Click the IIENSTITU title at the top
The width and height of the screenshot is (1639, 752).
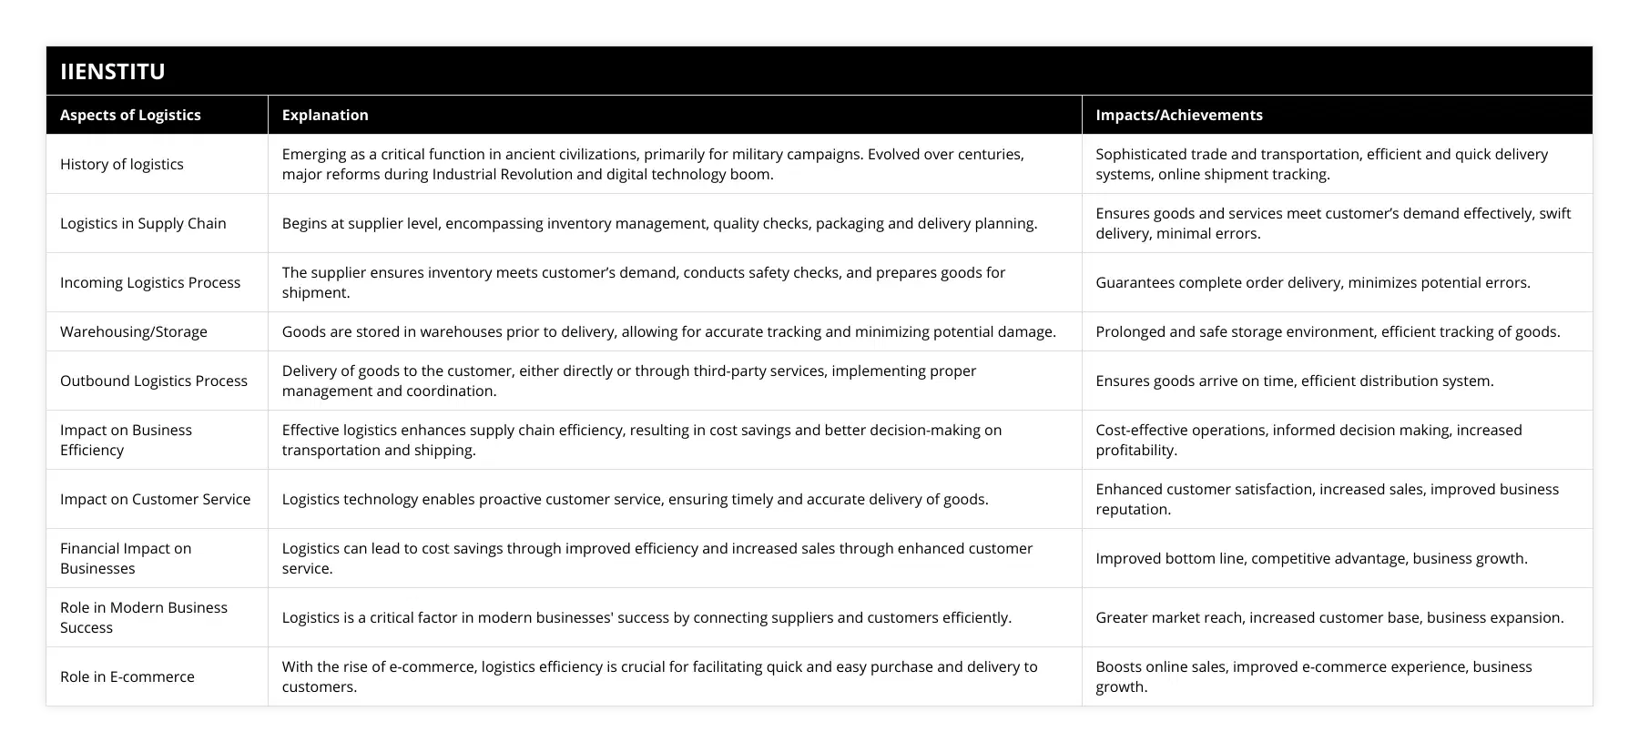coord(113,71)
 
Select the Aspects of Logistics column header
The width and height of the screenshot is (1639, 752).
coord(130,115)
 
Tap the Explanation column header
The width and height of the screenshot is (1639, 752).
coord(325,115)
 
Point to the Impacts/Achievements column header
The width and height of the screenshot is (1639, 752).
coord(1178,115)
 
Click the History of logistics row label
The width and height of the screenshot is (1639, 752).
coord(122,164)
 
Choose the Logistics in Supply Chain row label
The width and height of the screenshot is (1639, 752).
coord(143,223)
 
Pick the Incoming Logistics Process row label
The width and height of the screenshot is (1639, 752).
coord(150,282)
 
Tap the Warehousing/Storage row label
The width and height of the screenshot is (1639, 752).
coord(134,331)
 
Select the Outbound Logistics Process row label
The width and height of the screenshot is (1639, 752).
coord(154,381)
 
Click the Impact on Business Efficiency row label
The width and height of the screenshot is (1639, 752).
coord(126,440)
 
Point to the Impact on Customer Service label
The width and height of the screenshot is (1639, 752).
coord(155,499)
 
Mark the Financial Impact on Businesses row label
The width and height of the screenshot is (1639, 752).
coord(126,558)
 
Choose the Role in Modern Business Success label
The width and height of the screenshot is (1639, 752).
coord(144,617)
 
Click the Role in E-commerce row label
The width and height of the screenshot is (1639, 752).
coord(127,676)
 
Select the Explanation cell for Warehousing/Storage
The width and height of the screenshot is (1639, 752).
coord(668,331)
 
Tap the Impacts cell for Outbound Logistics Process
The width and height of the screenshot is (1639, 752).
coord(1294,381)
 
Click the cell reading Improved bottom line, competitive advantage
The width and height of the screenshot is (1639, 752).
coord(1311,558)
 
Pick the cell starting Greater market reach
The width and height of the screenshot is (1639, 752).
coord(1329,617)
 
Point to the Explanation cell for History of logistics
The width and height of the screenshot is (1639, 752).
coord(652,164)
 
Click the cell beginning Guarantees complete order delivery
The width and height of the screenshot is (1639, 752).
coord(1312,282)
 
